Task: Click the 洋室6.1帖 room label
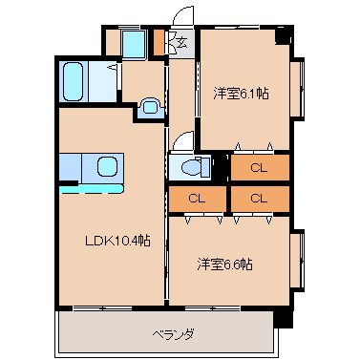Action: [241, 94]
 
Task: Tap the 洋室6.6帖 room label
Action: [225, 265]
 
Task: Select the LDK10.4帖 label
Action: [117, 241]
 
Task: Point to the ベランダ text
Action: [174, 334]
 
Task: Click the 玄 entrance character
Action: [181, 42]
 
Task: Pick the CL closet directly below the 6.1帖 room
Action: [260, 168]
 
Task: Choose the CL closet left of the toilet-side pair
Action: [198, 199]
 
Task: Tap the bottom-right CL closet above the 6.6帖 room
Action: [260, 199]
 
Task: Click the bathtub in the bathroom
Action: [74, 81]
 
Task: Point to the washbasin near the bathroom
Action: [150, 107]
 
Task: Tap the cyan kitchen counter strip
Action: [92, 189]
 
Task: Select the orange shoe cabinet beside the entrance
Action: [159, 42]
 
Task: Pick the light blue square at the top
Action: [134, 44]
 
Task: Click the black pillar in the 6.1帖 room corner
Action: [283, 35]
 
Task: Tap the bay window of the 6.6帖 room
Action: [297, 261]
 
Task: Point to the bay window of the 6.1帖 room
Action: [297, 89]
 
